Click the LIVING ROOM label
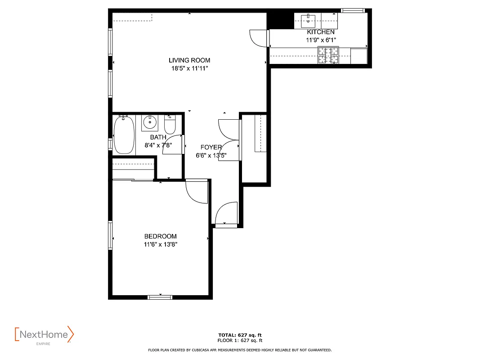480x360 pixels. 189,60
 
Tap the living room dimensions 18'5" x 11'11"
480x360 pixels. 189,68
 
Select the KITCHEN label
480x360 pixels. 320,32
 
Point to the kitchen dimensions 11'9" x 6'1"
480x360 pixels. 320,40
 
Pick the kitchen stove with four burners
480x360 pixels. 328,55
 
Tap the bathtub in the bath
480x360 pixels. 124,135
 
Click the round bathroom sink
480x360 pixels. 150,121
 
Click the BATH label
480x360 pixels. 158,137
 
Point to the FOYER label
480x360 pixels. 211,147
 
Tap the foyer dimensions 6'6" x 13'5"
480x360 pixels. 211,156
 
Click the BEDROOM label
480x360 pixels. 160,236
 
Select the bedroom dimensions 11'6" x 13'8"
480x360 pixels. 160,244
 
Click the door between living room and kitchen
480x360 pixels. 259,37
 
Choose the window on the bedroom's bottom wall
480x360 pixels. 160,297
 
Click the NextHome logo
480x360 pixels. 44,335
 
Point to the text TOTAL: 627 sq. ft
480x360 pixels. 240,335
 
